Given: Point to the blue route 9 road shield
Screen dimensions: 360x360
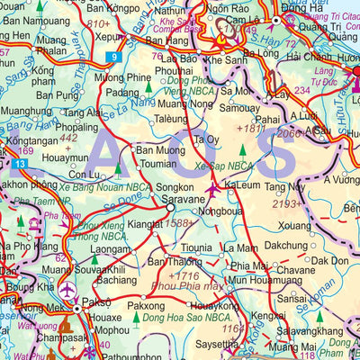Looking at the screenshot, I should point(114,58).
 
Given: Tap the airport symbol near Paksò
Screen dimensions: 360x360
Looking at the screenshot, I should point(68,289).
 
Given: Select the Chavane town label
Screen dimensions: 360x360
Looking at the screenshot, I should point(271,270).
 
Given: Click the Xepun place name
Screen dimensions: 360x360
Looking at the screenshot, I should point(108,39).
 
